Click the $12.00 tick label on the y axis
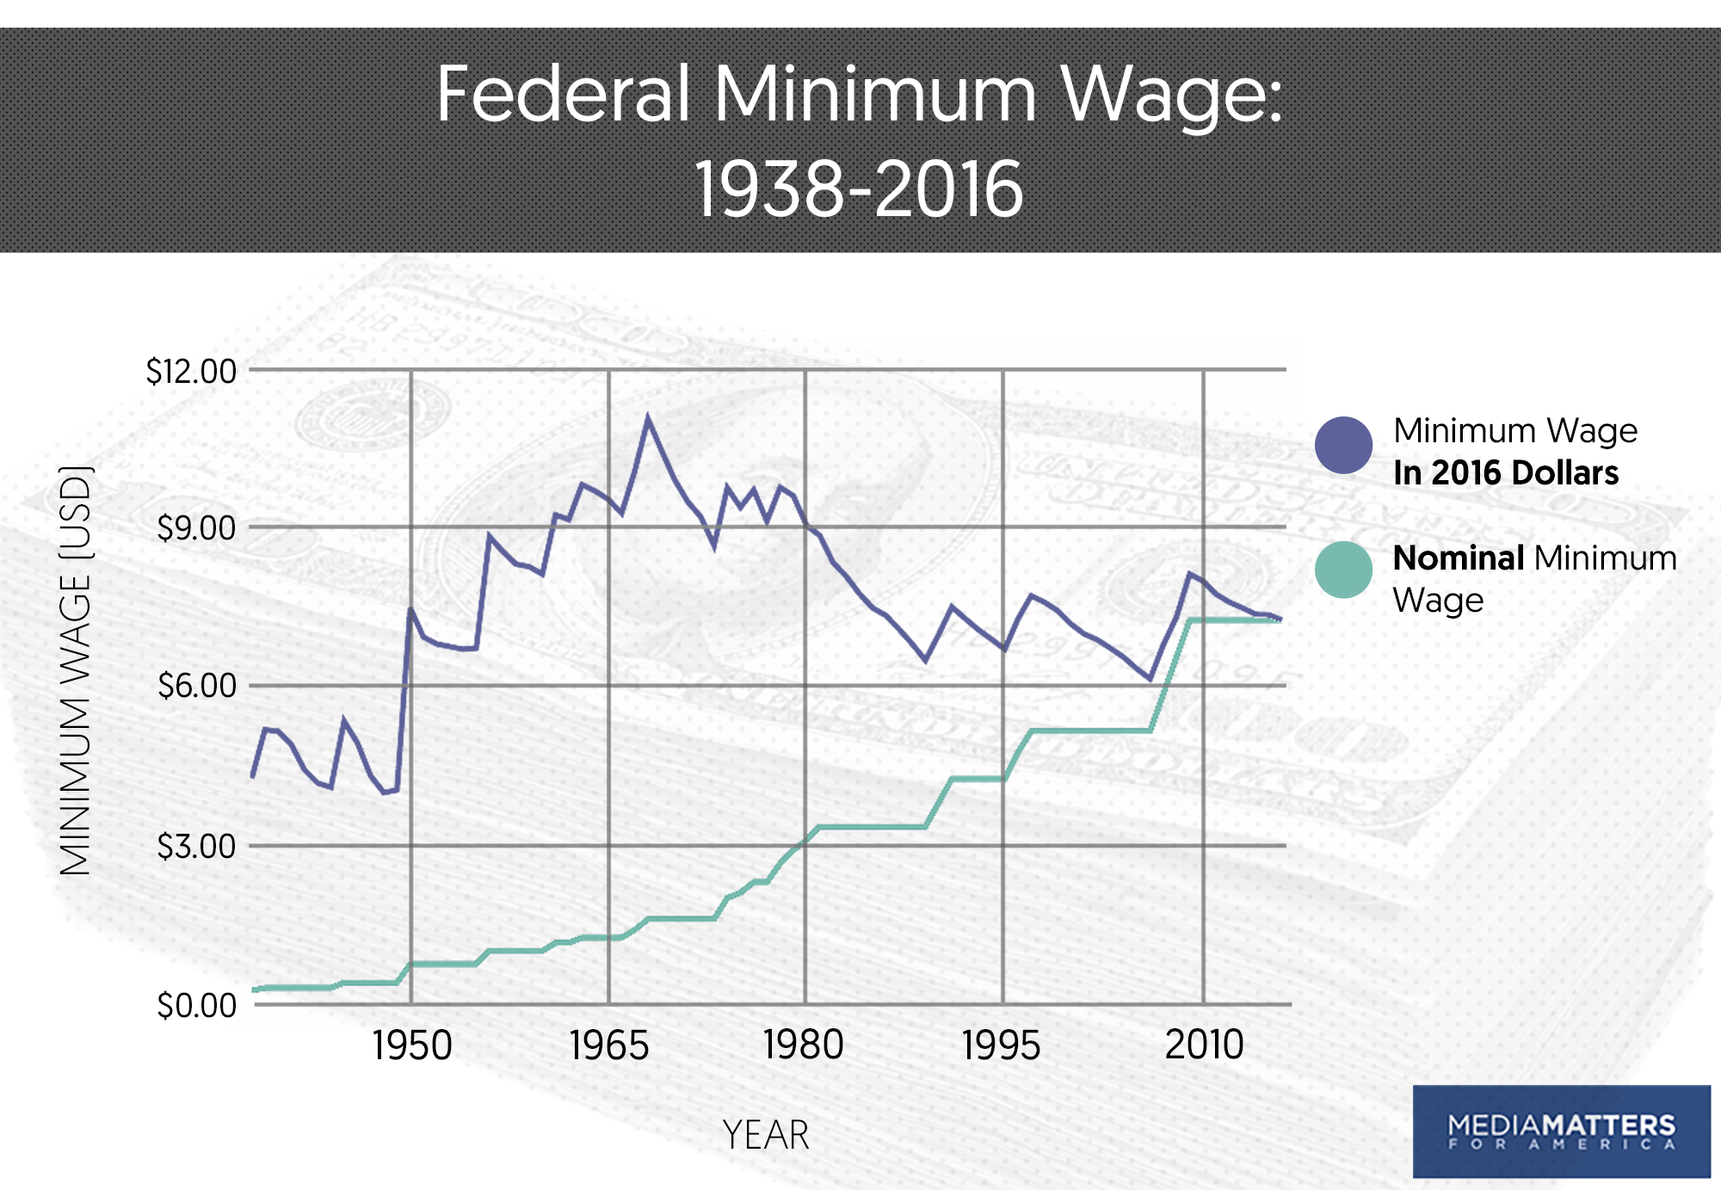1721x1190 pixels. pyautogui.click(x=191, y=372)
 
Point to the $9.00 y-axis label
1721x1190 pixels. pyautogui.click(x=196, y=528)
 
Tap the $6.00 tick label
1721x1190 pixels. pyautogui.click(x=196, y=686)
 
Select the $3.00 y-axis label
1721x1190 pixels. pyautogui.click(x=196, y=847)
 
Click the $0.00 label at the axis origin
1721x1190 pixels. pyautogui.click(x=196, y=1005)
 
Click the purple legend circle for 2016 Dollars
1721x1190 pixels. pyautogui.click(x=1343, y=446)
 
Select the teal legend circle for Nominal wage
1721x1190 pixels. pyautogui.click(x=1343, y=570)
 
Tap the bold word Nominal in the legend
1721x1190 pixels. pyautogui.click(x=1459, y=558)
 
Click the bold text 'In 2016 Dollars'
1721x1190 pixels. pyautogui.click(x=1506, y=473)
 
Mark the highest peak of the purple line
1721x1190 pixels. pyautogui.click(x=648, y=418)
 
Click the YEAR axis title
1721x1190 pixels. pyautogui.click(x=766, y=1135)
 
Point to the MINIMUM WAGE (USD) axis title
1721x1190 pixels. pyautogui.click(x=76, y=671)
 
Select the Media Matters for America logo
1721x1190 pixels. pyautogui.click(x=1561, y=1131)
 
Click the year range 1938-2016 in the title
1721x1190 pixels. pyautogui.click(x=859, y=189)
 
